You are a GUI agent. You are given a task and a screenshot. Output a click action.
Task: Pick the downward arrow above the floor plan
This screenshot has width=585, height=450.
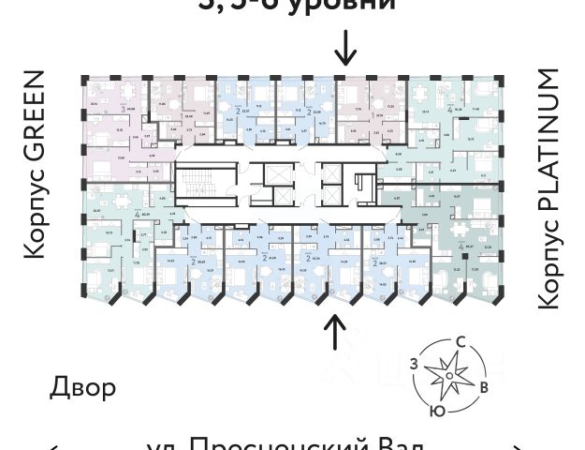click(345, 46)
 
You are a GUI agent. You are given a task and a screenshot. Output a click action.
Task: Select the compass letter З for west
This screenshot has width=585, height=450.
click(413, 363)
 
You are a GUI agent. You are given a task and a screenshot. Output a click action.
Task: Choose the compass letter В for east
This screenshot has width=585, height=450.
click(483, 386)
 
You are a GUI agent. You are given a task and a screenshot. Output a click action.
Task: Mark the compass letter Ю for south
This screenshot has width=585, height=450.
click(437, 410)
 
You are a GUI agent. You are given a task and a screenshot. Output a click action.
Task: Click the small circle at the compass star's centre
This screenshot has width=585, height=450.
click(449, 377)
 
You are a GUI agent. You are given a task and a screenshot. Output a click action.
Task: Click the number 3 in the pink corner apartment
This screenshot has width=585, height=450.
click(123, 109)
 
